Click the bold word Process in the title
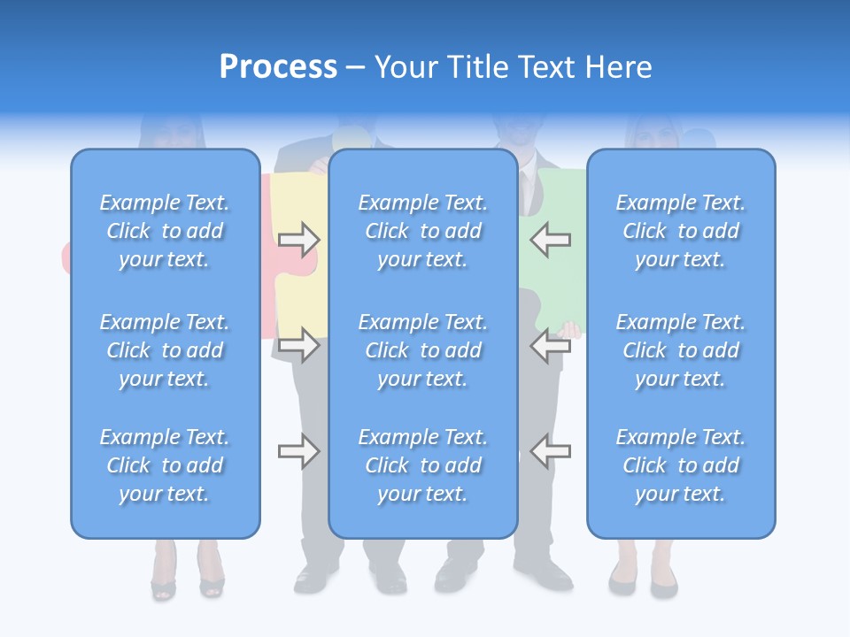pyautogui.click(x=278, y=67)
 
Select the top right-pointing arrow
pyautogui.click(x=299, y=239)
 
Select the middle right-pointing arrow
pyautogui.click(x=299, y=345)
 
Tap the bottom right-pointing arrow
pyautogui.click(x=299, y=451)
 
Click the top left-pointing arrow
pyautogui.click(x=551, y=239)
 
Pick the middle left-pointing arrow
pyautogui.click(x=551, y=345)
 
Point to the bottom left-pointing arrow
pyautogui.click(x=551, y=451)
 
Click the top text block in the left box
pyautogui.click(x=165, y=231)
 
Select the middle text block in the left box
pyautogui.click(x=165, y=350)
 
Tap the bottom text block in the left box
pyautogui.click(x=165, y=465)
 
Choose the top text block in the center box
pyautogui.click(x=423, y=231)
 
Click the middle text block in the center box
pyautogui.click(x=423, y=350)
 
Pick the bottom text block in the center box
pyautogui.click(x=423, y=465)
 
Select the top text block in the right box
pyautogui.click(x=681, y=231)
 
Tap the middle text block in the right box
pyautogui.click(x=681, y=350)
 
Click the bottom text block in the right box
pyautogui.click(x=681, y=465)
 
